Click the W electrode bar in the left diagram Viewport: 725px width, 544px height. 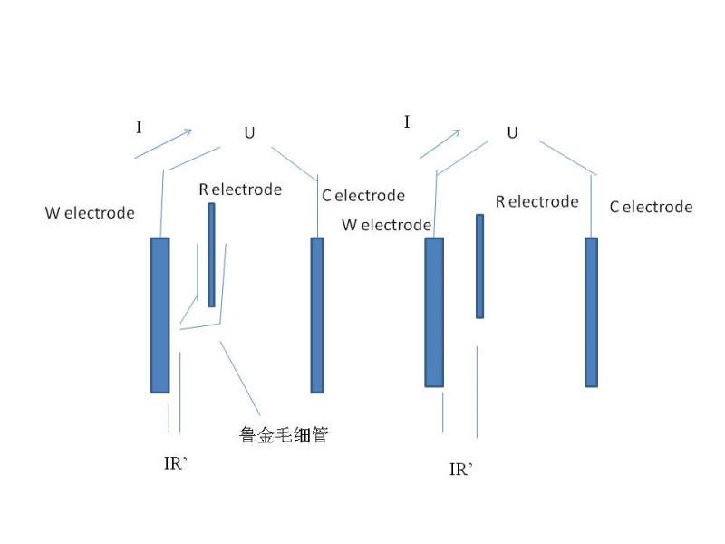pyautogui.click(x=159, y=315)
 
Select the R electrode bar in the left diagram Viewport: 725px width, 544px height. pyautogui.click(x=211, y=255)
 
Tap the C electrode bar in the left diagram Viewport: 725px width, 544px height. pyautogui.click(x=317, y=315)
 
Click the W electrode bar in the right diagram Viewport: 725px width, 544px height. pyautogui.click(x=434, y=312)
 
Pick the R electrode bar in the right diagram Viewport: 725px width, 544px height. pyautogui.click(x=479, y=266)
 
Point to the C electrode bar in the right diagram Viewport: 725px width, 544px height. pyautogui.click(x=591, y=312)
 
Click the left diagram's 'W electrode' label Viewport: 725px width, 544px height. pyautogui.click(x=90, y=213)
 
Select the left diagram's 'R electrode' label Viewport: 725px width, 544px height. pyautogui.click(x=240, y=189)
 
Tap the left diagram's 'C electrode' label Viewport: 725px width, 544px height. pyautogui.click(x=362, y=195)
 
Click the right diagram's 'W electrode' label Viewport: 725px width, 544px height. pyautogui.click(x=386, y=225)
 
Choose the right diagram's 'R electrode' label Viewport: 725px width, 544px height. pyautogui.click(x=536, y=201)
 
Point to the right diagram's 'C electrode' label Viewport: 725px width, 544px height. pyautogui.click(x=651, y=207)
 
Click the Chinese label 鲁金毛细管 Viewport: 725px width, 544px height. pyautogui.click(x=283, y=435)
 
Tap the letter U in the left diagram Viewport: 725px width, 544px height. pyautogui.click(x=249, y=133)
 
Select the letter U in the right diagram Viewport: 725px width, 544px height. pyautogui.click(x=512, y=133)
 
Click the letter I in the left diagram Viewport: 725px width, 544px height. pyautogui.click(x=139, y=127)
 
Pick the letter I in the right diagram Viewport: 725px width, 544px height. pyautogui.click(x=407, y=121)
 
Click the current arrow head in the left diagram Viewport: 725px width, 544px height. pyautogui.click(x=188, y=132)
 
